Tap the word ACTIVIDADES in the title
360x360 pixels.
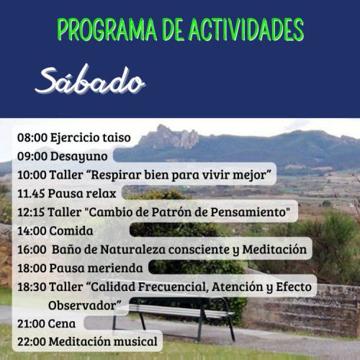(x=246, y=30)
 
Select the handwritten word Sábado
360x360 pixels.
(x=90, y=79)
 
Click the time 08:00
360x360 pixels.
(x=32, y=138)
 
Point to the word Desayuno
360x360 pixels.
(x=78, y=156)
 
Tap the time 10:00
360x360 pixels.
(x=32, y=175)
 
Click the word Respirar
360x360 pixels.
(x=116, y=175)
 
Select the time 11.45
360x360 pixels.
(x=31, y=194)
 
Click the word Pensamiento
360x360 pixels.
(x=248, y=212)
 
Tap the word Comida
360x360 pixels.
(x=71, y=231)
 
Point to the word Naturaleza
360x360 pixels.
(x=132, y=249)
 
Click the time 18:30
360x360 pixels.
(x=32, y=287)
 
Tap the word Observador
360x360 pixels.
(x=82, y=305)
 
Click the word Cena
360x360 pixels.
(x=62, y=324)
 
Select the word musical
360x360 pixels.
(x=135, y=341)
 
